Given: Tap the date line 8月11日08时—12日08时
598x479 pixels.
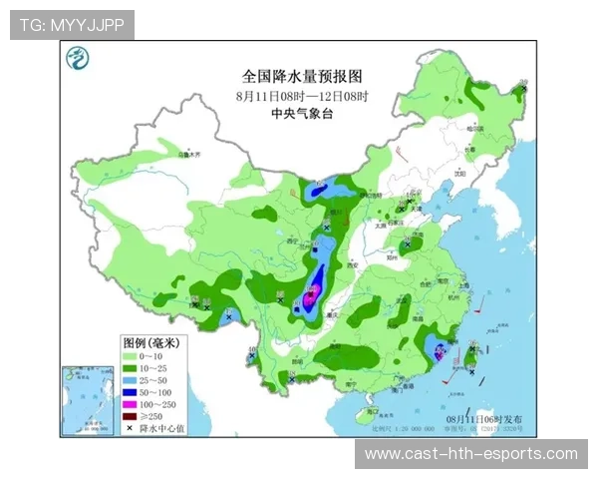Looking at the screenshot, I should (301, 96).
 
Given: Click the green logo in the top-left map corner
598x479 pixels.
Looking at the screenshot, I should (75, 59).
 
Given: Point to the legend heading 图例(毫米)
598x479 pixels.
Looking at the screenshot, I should (149, 342).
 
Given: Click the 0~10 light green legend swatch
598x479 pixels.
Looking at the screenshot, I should (131, 355).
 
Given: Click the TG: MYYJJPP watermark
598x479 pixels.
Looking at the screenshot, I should (72, 24).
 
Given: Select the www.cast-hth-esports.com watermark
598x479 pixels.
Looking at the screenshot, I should (470, 454).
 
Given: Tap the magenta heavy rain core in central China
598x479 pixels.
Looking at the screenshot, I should (312, 292).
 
